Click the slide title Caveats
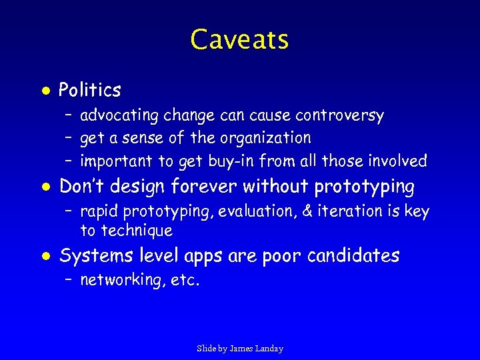[x=239, y=39]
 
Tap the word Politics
[x=90, y=90]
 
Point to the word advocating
[x=119, y=116]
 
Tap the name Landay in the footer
[x=269, y=349]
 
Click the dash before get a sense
[x=69, y=139]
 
